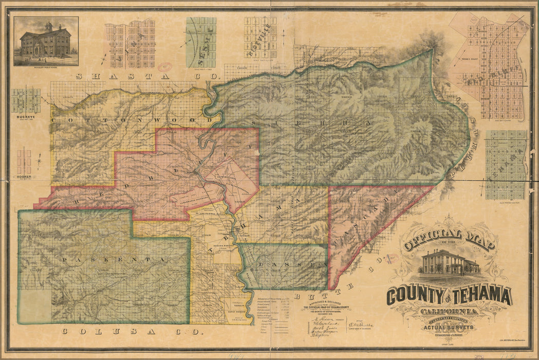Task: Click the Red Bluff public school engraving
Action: pyautogui.click(x=46, y=41)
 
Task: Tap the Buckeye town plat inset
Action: pyautogui.click(x=26, y=101)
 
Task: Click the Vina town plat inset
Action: pyautogui.click(x=130, y=44)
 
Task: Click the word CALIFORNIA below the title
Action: pyautogui.click(x=449, y=311)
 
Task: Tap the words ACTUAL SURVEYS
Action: pyautogui.click(x=448, y=327)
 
